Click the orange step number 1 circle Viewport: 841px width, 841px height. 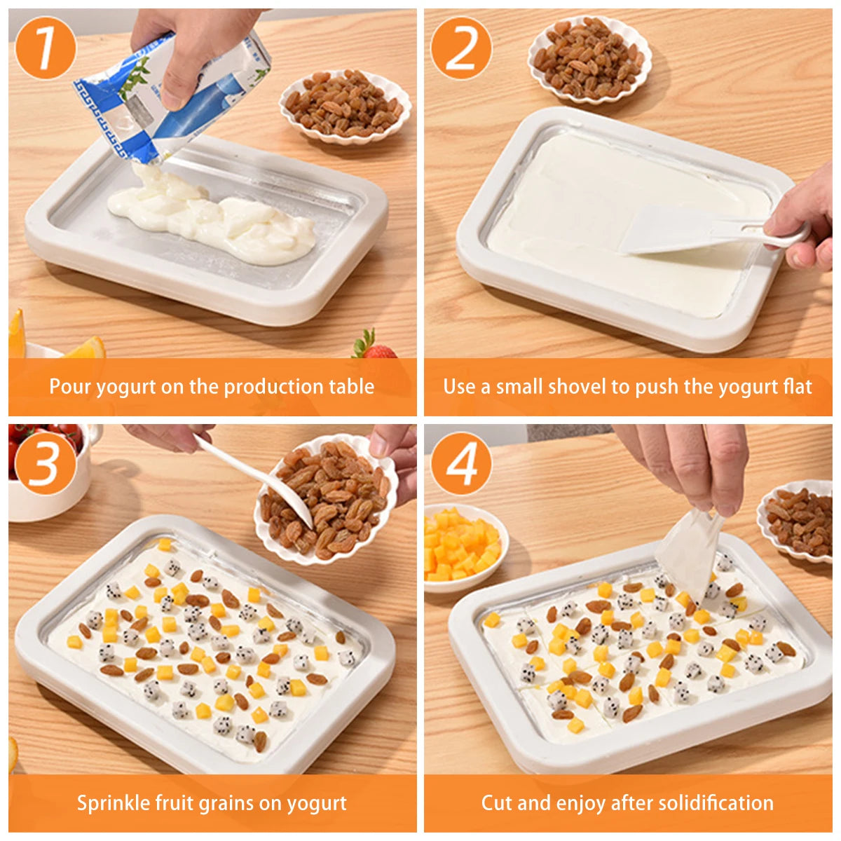[x=45, y=48]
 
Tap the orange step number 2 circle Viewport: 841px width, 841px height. [x=460, y=48]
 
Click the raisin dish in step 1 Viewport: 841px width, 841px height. [x=345, y=105]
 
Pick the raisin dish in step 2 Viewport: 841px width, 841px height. [x=589, y=60]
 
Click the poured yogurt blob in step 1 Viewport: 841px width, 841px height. [x=217, y=217]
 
